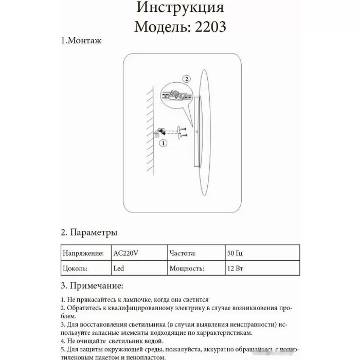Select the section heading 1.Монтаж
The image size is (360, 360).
coord(81,41)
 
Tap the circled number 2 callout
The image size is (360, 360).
coord(187,79)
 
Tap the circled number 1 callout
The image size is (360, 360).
coord(163,144)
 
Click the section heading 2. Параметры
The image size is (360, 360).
coord(89,232)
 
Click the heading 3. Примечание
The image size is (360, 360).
coord(92,285)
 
